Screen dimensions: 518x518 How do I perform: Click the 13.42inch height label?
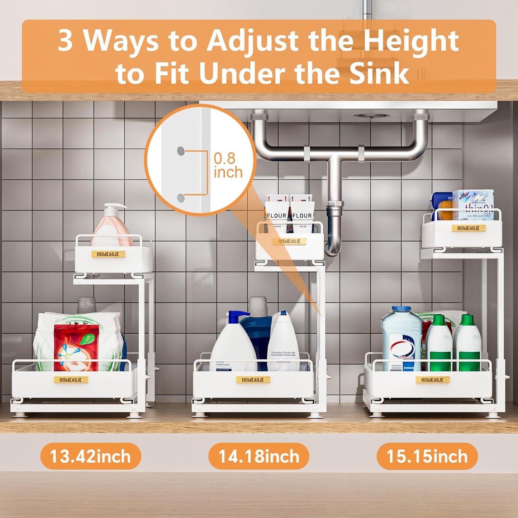(90, 456)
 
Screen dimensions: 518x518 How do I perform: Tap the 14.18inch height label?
(258, 456)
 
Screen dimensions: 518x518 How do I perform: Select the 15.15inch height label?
(427, 456)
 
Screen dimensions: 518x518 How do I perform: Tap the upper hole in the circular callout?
(181, 151)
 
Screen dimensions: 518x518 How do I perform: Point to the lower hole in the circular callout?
(181, 198)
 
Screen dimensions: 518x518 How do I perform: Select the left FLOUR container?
(276, 212)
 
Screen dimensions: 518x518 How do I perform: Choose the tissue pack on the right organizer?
(473, 204)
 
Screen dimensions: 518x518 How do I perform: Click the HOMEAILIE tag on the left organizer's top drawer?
(108, 254)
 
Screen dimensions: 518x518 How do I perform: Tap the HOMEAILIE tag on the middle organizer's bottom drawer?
(253, 380)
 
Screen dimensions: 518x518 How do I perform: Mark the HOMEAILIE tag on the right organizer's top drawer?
(468, 228)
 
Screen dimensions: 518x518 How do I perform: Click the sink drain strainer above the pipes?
(371, 116)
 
